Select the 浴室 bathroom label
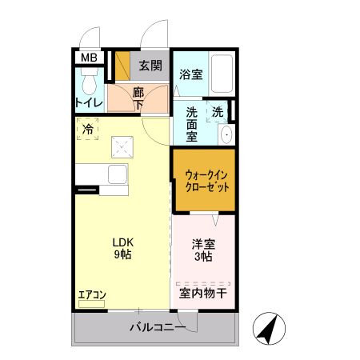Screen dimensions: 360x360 (x=190, y=74)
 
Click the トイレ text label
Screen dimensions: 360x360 (x=88, y=102)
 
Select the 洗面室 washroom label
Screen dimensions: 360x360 (x=192, y=124)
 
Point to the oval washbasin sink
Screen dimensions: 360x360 (x=226, y=134)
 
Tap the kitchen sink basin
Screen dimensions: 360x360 (x=117, y=174)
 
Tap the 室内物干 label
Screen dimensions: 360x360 (x=203, y=294)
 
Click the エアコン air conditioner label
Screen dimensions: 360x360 (x=91, y=294)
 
